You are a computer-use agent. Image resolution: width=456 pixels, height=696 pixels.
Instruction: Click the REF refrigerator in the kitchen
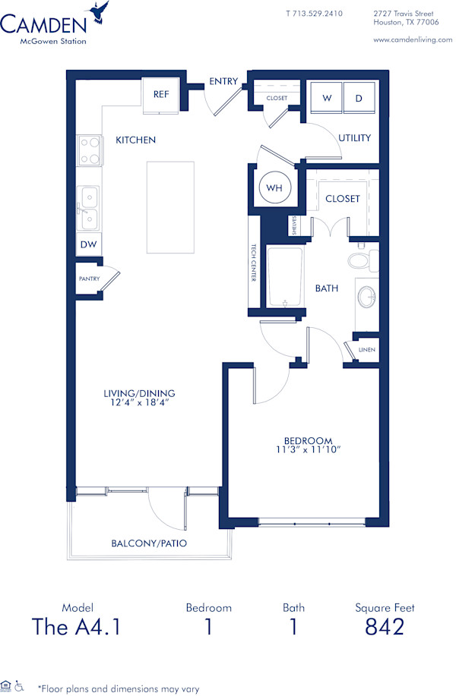pos(160,95)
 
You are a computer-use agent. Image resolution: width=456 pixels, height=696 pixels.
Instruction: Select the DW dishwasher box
pos(88,244)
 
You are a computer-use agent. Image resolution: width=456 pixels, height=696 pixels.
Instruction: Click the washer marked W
pos(327,98)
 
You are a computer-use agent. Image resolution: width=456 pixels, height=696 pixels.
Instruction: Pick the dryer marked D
pos(359,98)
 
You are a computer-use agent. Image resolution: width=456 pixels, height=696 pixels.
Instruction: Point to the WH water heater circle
pos(272,186)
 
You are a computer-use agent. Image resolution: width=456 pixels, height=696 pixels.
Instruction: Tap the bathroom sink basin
pos(366,297)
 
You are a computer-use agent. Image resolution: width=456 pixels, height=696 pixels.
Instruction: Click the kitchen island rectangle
pos(170,207)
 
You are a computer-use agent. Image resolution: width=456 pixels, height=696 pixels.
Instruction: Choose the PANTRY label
pos(89,279)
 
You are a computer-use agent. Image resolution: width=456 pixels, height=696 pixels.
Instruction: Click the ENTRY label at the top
pos(224,82)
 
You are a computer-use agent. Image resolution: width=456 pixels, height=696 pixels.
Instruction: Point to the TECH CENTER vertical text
pos(254,263)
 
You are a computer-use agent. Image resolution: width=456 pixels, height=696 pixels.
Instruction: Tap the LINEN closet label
pos(367,349)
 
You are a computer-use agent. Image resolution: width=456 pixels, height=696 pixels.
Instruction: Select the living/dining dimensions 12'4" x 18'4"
pos(139,402)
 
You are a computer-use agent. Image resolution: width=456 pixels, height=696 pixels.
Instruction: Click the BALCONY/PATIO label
pos(149,543)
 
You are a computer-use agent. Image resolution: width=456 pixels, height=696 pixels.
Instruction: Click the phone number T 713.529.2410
pos(314,14)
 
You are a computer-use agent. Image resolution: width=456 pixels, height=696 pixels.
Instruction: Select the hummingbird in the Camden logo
pos(97,11)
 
